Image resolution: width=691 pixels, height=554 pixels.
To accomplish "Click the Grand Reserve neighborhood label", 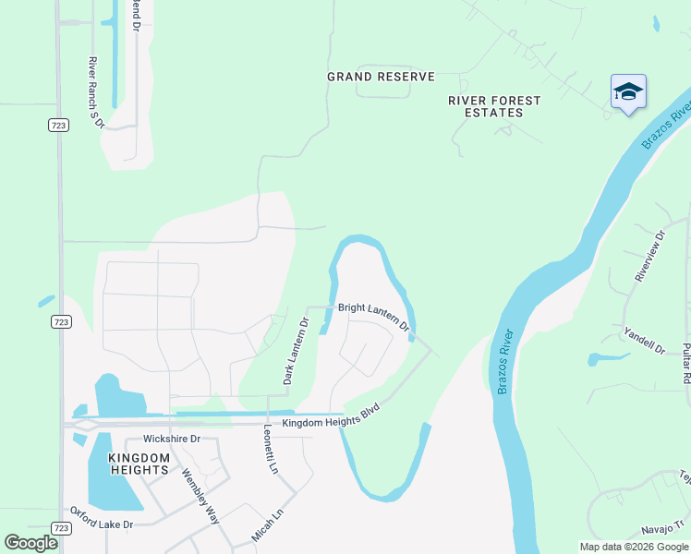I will click(381, 77).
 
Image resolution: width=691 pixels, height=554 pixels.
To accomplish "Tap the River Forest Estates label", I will click(494, 106).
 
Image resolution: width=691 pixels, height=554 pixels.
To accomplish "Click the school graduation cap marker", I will click(628, 91).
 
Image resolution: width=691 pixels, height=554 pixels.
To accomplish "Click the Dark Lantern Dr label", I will click(295, 352).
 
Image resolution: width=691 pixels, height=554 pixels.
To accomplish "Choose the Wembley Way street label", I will click(200, 497).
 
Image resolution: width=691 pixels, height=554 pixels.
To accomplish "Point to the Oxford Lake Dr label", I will click(102, 518).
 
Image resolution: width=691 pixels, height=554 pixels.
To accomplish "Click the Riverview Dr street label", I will click(649, 256).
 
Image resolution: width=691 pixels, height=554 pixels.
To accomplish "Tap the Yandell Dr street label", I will click(644, 341).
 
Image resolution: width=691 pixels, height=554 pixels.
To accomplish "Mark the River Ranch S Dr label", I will click(94, 91).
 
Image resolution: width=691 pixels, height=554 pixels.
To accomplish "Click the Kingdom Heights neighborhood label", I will click(139, 464).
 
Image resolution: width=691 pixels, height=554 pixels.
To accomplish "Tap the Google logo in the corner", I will click(30, 543).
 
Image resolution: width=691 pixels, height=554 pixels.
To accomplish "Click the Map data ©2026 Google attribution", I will click(634, 547).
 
